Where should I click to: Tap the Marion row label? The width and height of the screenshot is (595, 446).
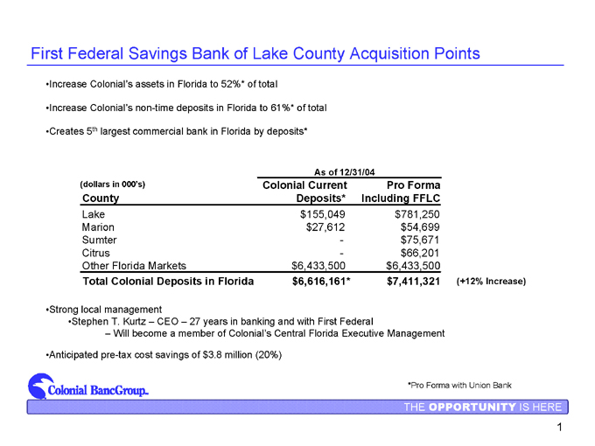97,226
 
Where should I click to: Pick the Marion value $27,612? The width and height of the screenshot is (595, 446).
326,226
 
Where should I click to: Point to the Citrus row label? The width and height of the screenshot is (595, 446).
96,253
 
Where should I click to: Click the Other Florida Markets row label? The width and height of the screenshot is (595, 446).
134,266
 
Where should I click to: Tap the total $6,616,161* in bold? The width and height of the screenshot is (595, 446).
321,282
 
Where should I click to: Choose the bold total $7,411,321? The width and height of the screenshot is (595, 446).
412,282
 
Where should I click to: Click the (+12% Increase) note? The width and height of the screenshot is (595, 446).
491,282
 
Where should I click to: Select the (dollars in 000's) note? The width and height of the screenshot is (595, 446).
112,185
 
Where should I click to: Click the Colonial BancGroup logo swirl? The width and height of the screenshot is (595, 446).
38,385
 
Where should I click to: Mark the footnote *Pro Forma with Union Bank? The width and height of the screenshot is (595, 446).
459,385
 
